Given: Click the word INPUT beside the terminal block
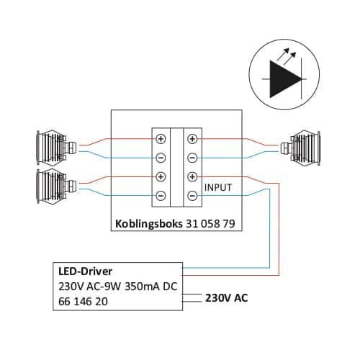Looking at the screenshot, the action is tap(218, 187).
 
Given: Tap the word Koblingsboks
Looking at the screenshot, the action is tap(149, 224).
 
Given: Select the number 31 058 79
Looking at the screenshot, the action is tap(210, 224).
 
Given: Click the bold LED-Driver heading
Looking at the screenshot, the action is tap(85, 271).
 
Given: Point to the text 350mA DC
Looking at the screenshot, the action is tap(151, 287).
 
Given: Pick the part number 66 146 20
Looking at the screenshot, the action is tap(83, 302).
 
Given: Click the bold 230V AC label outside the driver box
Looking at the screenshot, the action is tap(227, 298).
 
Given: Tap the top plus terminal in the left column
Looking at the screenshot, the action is tap(161, 139).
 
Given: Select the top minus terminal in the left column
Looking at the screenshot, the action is tap(161, 158).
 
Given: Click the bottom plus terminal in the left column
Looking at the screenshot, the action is tap(161, 177).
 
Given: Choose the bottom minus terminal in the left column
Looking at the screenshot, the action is tap(161, 196).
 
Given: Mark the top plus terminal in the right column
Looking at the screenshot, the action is tap(192, 139).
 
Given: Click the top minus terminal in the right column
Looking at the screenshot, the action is tap(192, 158).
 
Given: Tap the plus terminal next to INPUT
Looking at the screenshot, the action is tap(192, 177).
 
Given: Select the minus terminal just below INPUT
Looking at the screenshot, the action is tap(192, 196).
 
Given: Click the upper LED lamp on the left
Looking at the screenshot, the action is tap(56, 148).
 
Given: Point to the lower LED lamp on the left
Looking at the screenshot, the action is tap(56, 186).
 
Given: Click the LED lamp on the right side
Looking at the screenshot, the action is tap(300, 148).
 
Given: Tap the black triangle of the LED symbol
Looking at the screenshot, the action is tap(283, 79).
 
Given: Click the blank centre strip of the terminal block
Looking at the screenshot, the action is tap(176, 167).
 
